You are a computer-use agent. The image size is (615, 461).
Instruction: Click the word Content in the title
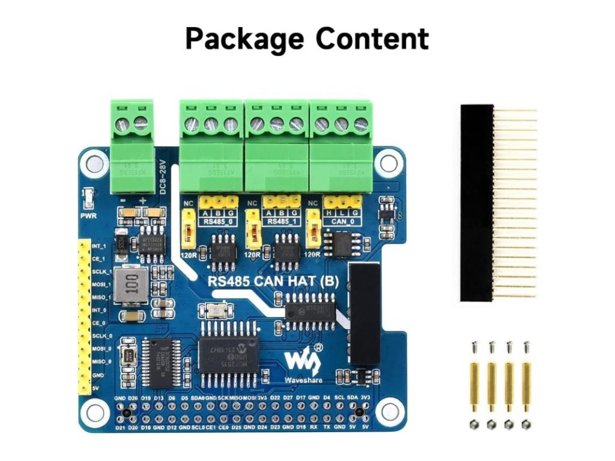(373, 39)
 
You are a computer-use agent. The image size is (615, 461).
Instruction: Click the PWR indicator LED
(88, 196)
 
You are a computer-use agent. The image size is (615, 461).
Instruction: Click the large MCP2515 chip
(228, 354)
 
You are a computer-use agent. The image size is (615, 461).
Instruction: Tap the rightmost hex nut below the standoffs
(527, 424)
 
